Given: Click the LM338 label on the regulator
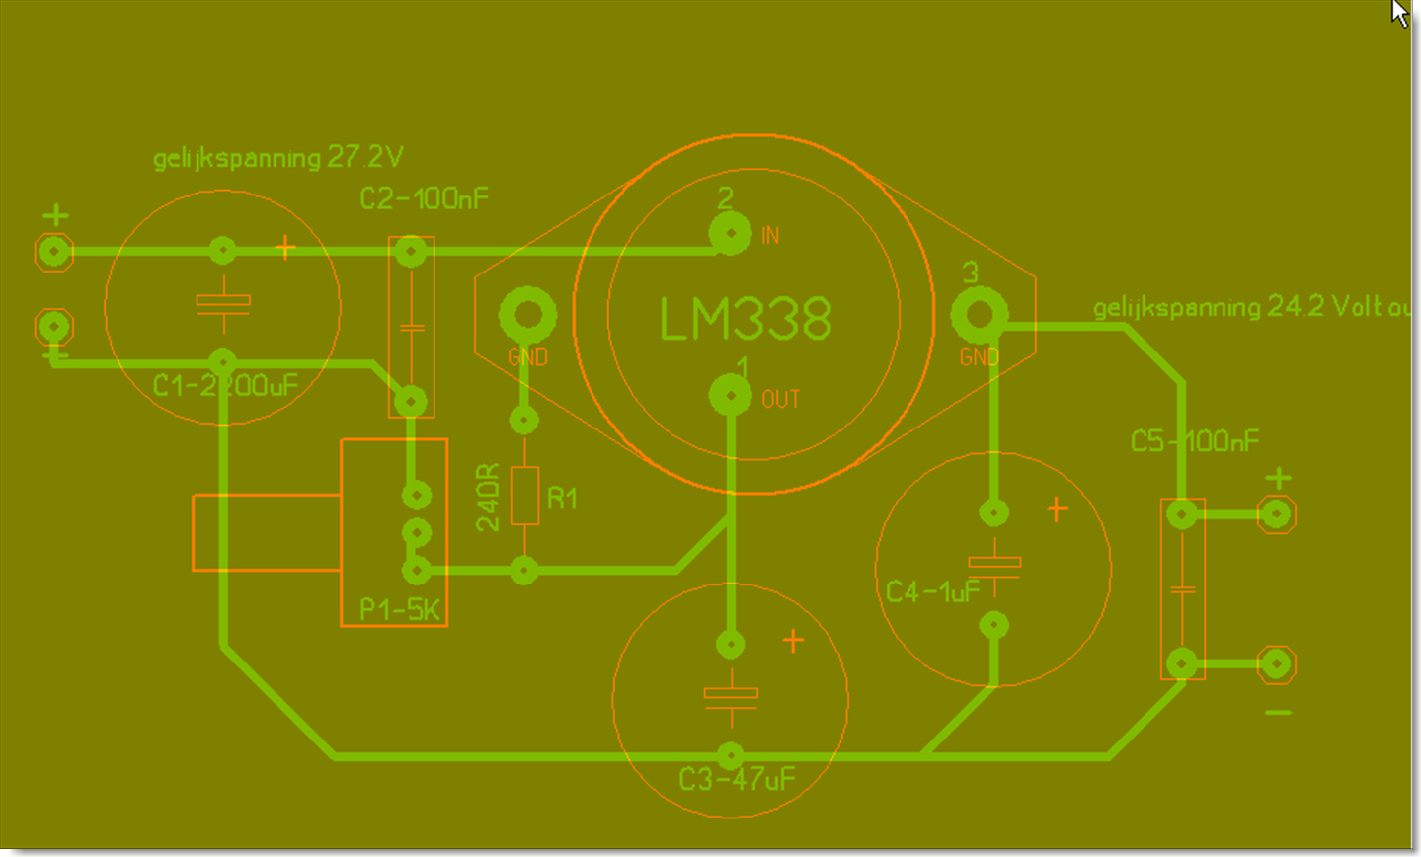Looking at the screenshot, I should pos(746,319).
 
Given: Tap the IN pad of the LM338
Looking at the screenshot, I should pos(730,234).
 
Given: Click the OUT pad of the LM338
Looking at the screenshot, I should pos(730,396).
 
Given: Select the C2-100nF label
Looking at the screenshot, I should pos(424,199).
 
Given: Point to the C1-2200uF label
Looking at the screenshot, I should pos(225,385).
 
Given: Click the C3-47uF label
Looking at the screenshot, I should pos(737,780).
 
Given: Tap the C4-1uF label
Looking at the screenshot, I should pos(932,591).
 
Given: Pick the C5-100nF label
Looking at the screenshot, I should pos(1195,441).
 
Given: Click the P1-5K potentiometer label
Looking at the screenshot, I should pos(399,609).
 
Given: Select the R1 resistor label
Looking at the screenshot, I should pos(562,498).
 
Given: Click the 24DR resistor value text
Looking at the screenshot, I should pos(488,498).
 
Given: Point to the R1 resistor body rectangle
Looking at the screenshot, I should pos(524,495).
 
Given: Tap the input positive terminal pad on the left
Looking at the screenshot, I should pos(54,252).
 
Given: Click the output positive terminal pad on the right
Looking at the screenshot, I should pos(1277,514).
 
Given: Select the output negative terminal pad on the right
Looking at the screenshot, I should pos(1277,664).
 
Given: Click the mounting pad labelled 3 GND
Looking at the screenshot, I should pos(979,315).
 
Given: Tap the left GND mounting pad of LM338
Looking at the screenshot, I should pos(527,315).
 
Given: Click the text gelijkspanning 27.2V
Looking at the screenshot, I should pos(277,158).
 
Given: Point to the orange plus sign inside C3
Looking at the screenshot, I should pos(793,642).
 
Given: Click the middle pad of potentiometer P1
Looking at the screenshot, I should pos(417,533).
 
